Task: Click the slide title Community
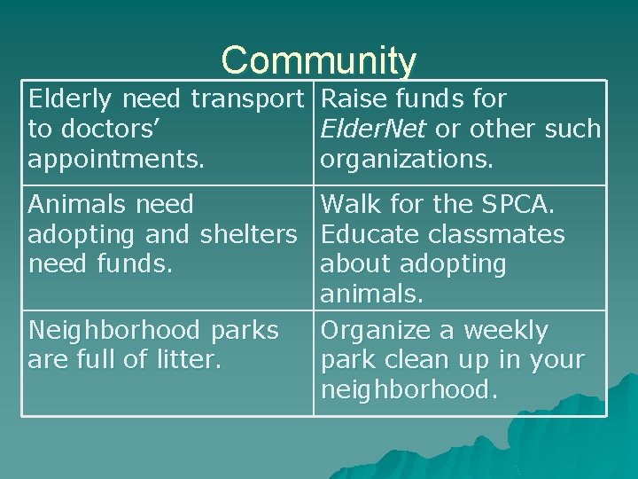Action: tap(318, 60)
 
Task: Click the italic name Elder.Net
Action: tap(374, 130)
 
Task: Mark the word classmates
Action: tap(502, 234)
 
